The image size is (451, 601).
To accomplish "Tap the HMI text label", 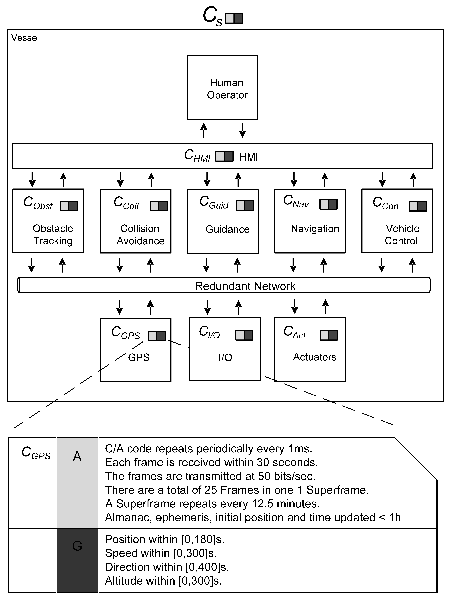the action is point(249,157).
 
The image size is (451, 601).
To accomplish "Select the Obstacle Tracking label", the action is point(53,235).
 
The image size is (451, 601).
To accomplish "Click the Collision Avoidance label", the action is point(140,235).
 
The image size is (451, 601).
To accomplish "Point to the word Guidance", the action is point(228,229).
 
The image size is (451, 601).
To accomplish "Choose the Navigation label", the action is point(315,229).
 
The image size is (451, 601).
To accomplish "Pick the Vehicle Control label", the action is point(402,235).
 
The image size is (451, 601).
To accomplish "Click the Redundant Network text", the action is point(245,286).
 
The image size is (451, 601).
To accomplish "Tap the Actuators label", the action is point(315,357).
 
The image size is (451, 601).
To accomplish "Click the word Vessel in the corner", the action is point(25,38).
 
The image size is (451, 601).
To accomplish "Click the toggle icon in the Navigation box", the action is point(328,204).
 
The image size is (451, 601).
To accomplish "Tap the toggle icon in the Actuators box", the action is point(329,335).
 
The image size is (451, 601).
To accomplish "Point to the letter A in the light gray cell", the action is point(77,457).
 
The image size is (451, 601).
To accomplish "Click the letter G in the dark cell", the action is point(77,546).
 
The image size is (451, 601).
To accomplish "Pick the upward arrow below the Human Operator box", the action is point(204,130).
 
